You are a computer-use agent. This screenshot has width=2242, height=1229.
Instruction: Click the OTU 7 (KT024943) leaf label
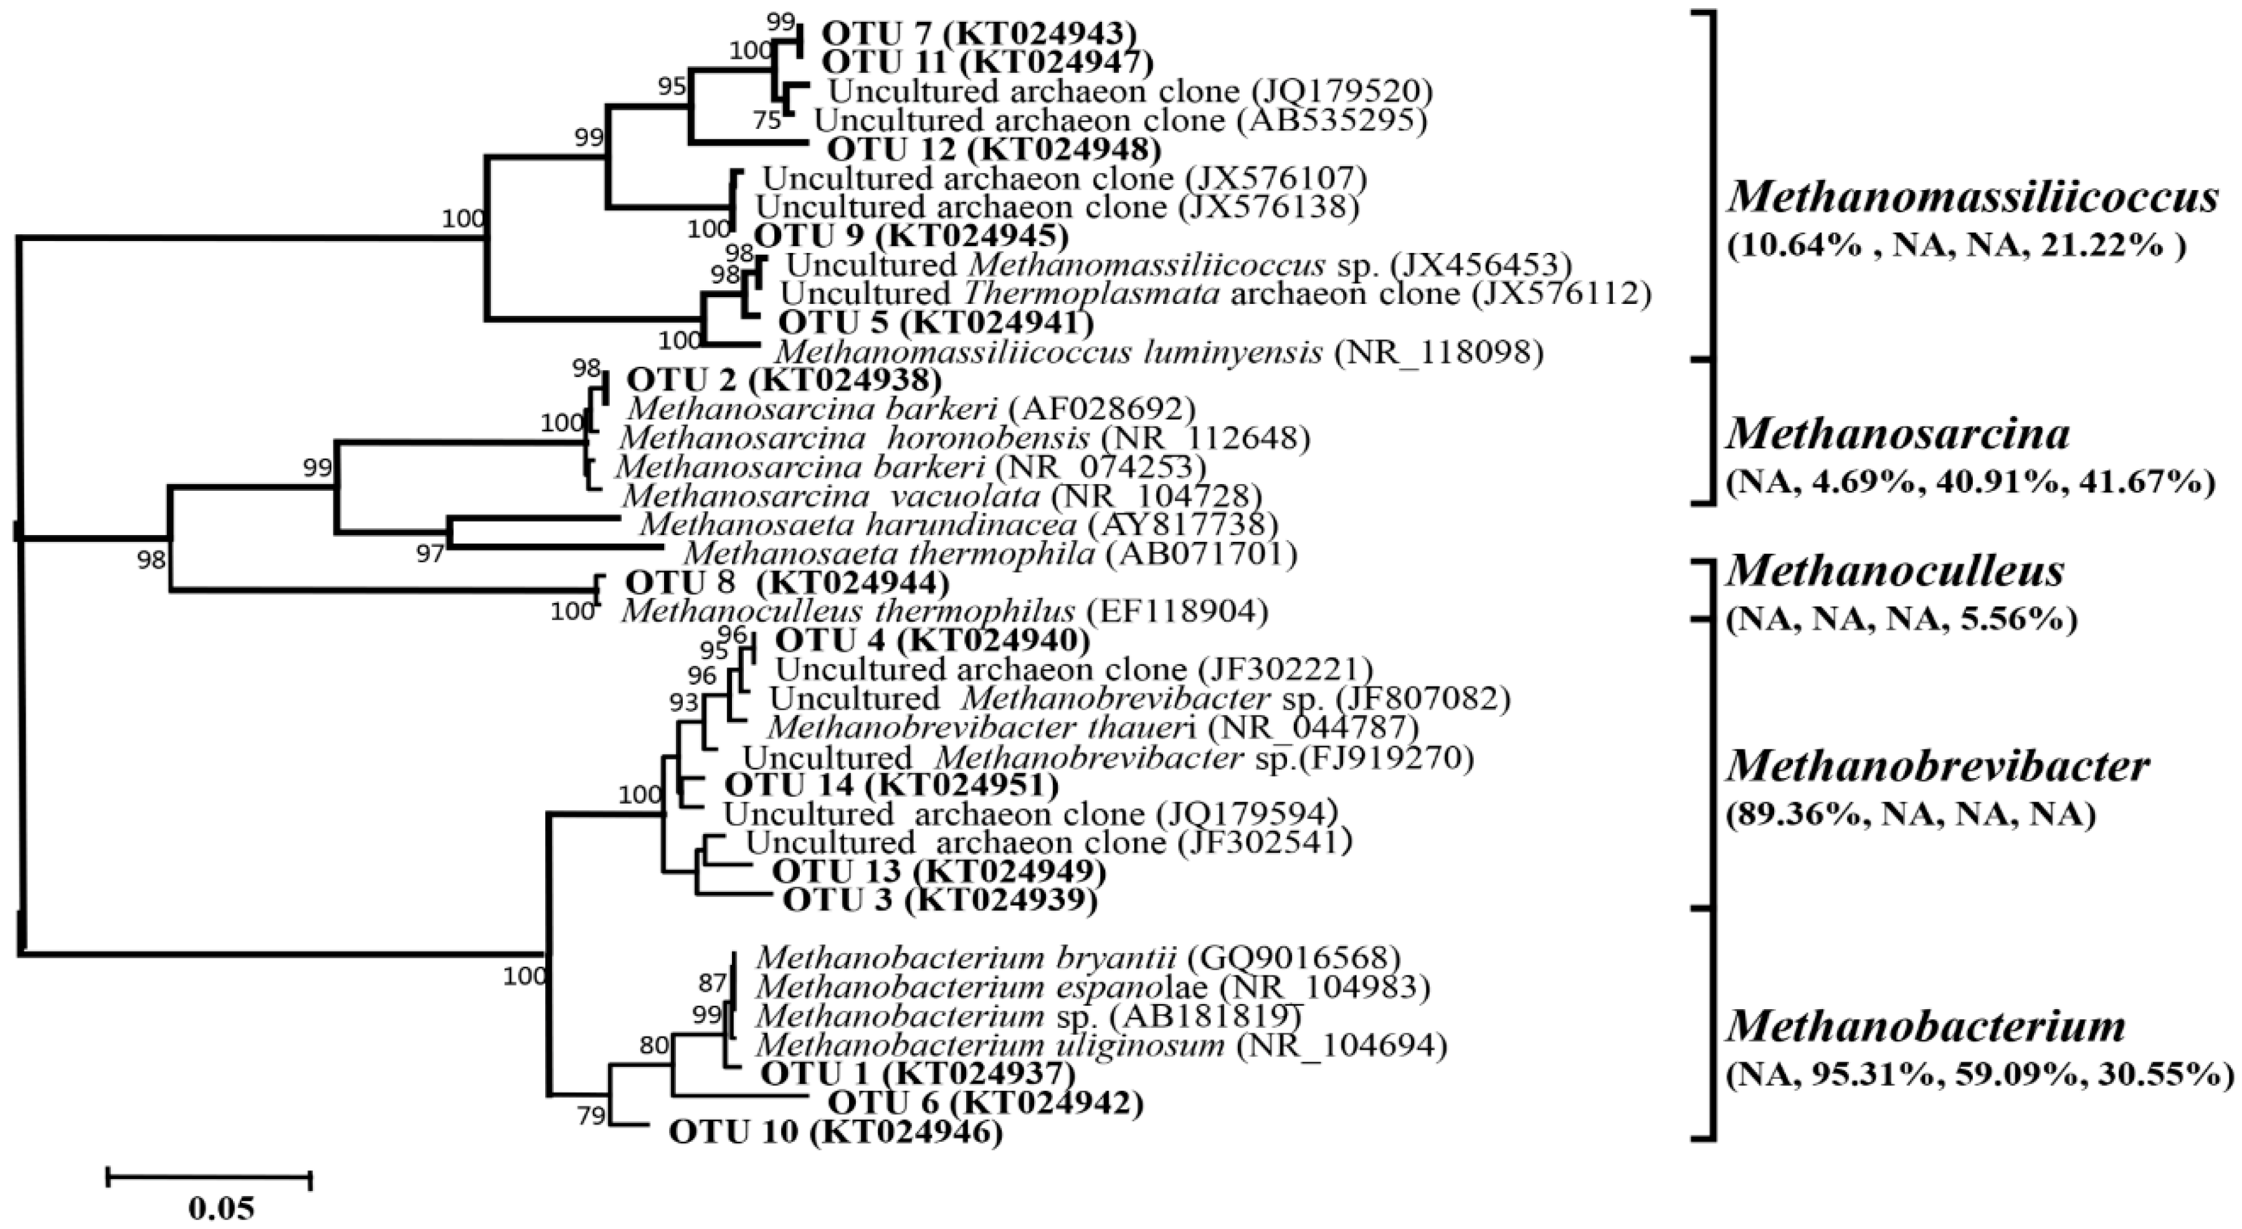pyautogui.click(x=979, y=34)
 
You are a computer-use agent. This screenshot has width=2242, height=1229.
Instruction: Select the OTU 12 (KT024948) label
pyautogui.click(x=994, y=149)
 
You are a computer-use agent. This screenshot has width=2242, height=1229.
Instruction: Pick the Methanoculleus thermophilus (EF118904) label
pyautogui.click(x=944, y=611)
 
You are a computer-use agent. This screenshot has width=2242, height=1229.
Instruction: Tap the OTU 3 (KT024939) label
pyautogui.click(x=939, y=900)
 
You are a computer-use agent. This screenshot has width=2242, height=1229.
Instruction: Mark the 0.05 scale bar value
pyautogui.click(x=221, y=1208)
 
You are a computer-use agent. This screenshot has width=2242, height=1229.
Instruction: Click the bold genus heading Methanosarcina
pyautogui.click(x=1898, y=434)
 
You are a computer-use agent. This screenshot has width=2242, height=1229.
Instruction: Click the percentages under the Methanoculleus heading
pyautogui.click(x=1902, y=620)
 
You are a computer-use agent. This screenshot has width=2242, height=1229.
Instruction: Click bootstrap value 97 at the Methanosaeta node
pyautogui.click(x=429, y=554)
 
